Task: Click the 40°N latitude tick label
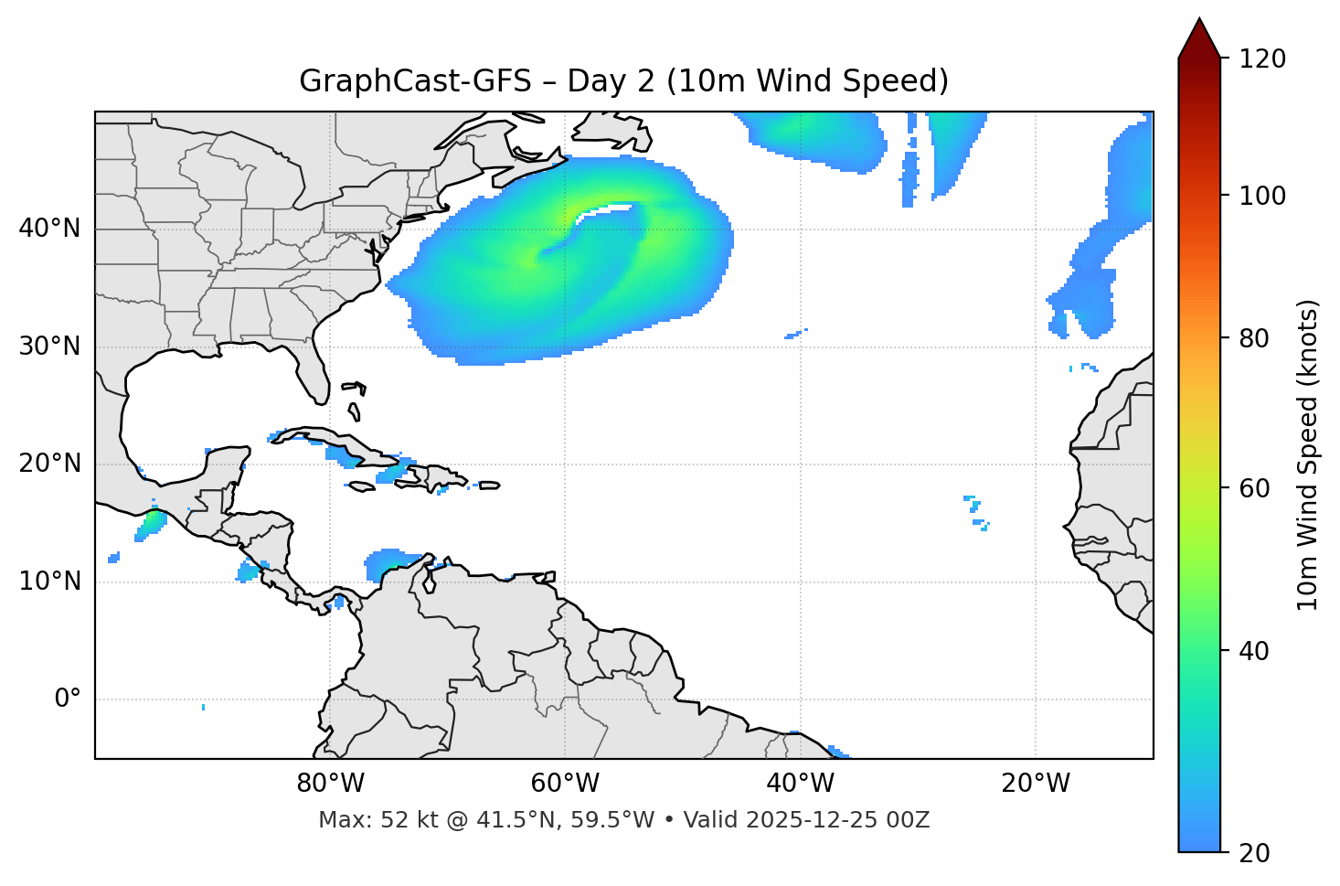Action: pos(49,229)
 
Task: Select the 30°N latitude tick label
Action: pos(49,347)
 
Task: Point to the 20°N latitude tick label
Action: pos(49,464)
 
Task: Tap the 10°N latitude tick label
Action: pos(49,582)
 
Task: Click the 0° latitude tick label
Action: pos(68,699)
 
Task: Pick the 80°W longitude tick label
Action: pos(330,784)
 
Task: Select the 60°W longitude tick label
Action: pos(565,784)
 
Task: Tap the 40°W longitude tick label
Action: pos(800,784)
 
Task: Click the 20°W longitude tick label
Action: pos(1035,784)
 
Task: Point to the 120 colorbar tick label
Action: pos(1261,59)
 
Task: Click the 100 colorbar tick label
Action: pos(1261,196)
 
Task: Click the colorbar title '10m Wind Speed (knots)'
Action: pos(1308,454)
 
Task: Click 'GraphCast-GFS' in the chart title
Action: pos(415,81)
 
